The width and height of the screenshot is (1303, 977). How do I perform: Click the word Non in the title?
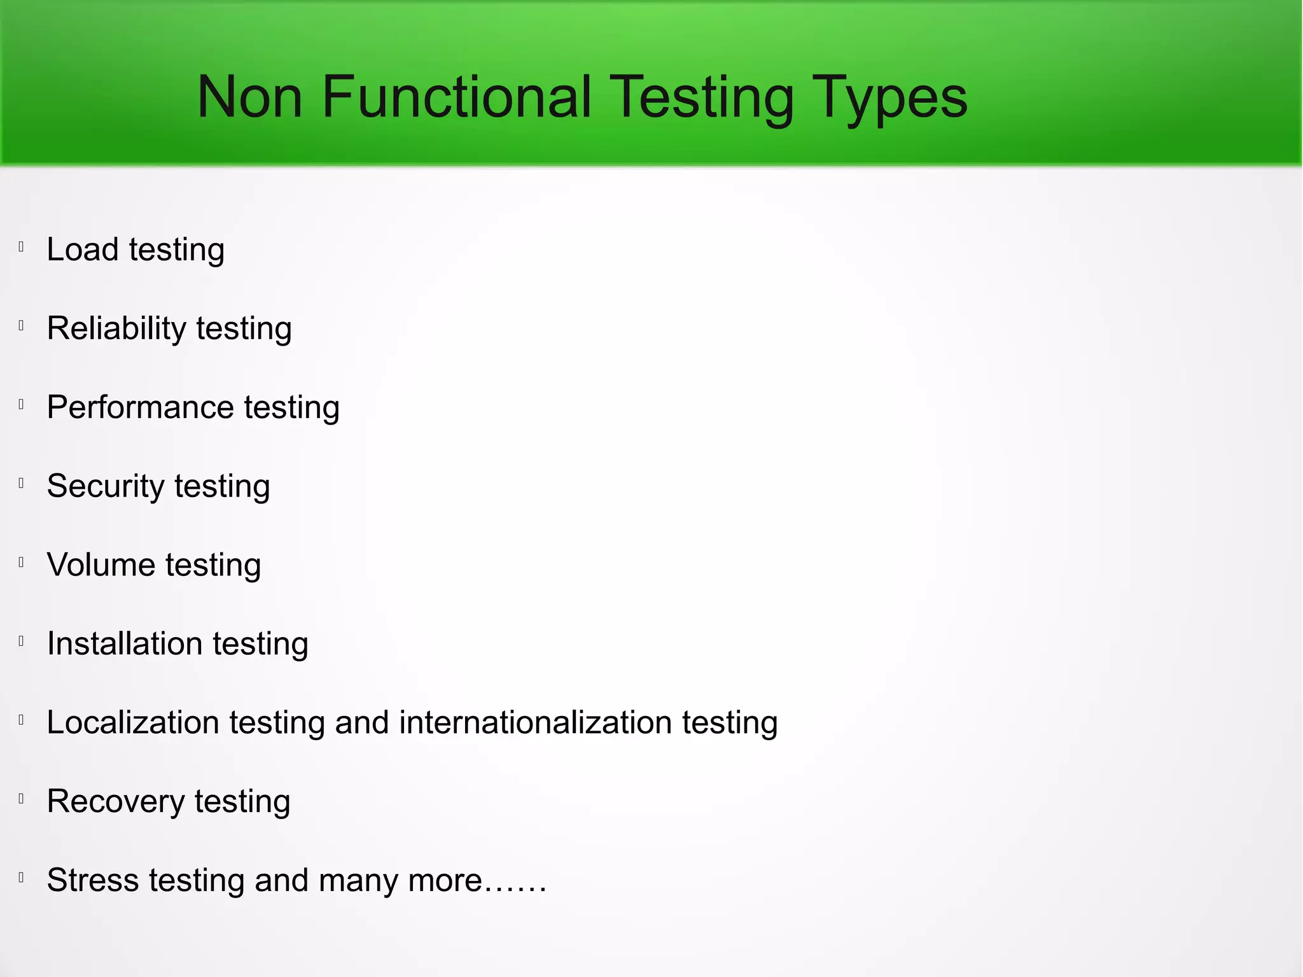click(x=249, y=97)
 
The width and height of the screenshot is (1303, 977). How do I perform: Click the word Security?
click(x=106, y=487)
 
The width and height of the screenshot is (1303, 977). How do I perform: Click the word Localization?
click(x=133, y=723)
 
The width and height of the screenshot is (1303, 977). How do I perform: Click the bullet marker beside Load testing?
click(x=22, y=247)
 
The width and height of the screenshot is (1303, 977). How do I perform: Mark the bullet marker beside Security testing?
click(x=22, y=484)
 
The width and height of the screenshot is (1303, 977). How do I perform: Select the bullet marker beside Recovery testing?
click(x=22, y=799)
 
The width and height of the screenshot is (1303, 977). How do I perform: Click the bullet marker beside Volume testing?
click(x=22, y=562)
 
